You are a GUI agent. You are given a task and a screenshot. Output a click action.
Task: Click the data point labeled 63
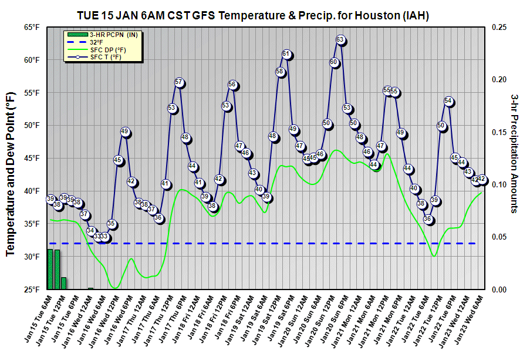(x=340, y=40)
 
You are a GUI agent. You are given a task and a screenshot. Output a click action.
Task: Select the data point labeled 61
(x=286, y=55)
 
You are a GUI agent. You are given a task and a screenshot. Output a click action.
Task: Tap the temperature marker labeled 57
(x=180, y=82)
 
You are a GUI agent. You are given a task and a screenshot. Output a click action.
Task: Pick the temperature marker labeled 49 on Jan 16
(x=125, y=132)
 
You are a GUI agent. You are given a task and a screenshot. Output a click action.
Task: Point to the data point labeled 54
(x=449, y=101)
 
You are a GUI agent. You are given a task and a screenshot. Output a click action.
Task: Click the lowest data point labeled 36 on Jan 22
(x=428, y=220)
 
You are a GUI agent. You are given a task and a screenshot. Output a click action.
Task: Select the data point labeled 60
(x=334, y=62)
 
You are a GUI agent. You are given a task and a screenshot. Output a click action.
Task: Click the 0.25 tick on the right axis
(x=500, y=27)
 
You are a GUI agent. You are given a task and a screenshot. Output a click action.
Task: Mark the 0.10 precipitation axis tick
(x=500, y=184)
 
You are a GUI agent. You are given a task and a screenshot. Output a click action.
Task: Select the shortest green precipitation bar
(x=90, y=288)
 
